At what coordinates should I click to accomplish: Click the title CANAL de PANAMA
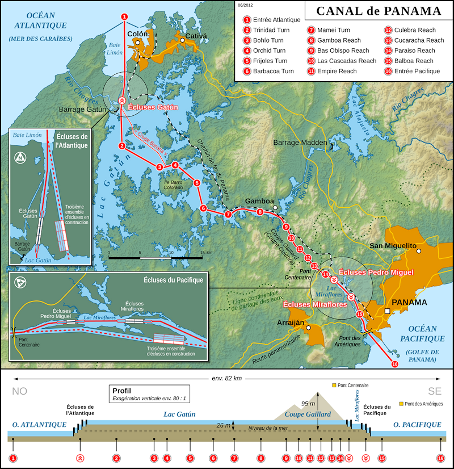pyautogui.click(x=379, y=11)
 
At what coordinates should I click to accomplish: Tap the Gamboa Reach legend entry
pyautogui.click(x=339, y=40)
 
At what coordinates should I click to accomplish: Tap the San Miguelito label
pyautogui.click(x=392, y=245)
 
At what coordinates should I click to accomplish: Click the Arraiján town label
pyautogui.click(x=289, y=322)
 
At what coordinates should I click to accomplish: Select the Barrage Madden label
pyautogui.click(x=300, y=142)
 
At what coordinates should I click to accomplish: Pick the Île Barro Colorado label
pyautogui.click(x=174, y=185)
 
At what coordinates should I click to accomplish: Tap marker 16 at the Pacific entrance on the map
pyautogui.click(x=395, y=365)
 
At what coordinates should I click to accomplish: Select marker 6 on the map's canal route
pyautogui.click(x=203, y=208)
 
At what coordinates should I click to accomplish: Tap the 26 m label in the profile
pyautogui.click(x=224, y=425)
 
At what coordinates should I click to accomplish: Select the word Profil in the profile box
pyautogui.click(x=122, y=391)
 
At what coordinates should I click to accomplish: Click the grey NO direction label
pyautogui.click(x=20, y=391)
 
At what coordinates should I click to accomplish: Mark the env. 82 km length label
pyautogui.click(x=227, y=378)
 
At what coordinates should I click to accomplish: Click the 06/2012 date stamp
pyautogui.click(x=245, y=5)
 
